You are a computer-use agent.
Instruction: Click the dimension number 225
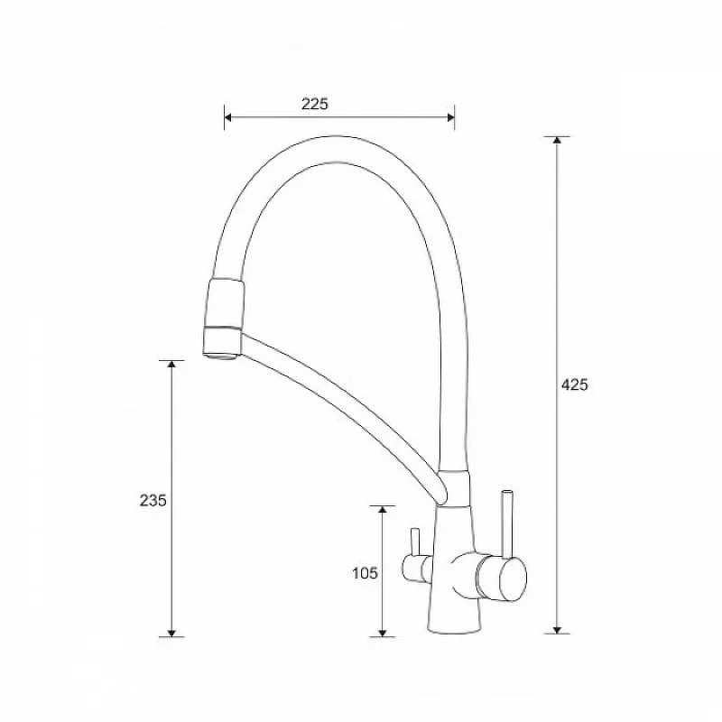pos(315,104)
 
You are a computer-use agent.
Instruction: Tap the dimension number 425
pos(575,384)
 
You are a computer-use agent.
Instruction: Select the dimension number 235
pos(153,500)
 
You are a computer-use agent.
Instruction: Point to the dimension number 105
pos(365,573)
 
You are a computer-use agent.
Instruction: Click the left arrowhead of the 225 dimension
pos(228,117)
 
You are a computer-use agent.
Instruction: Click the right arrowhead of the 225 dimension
pos(450,117)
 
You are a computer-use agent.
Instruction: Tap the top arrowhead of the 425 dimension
pos(557,141)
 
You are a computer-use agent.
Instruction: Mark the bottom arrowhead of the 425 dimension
pos(557,629)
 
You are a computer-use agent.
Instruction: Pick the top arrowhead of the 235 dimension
pos(171,365)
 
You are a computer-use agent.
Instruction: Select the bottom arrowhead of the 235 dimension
pos(171,633)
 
